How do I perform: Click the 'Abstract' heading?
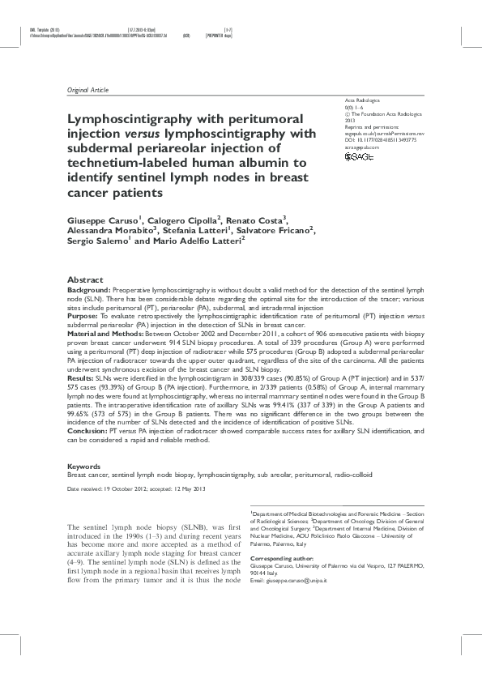[85, 278]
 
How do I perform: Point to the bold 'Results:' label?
[81, 377]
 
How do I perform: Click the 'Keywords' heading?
[84, 467]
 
